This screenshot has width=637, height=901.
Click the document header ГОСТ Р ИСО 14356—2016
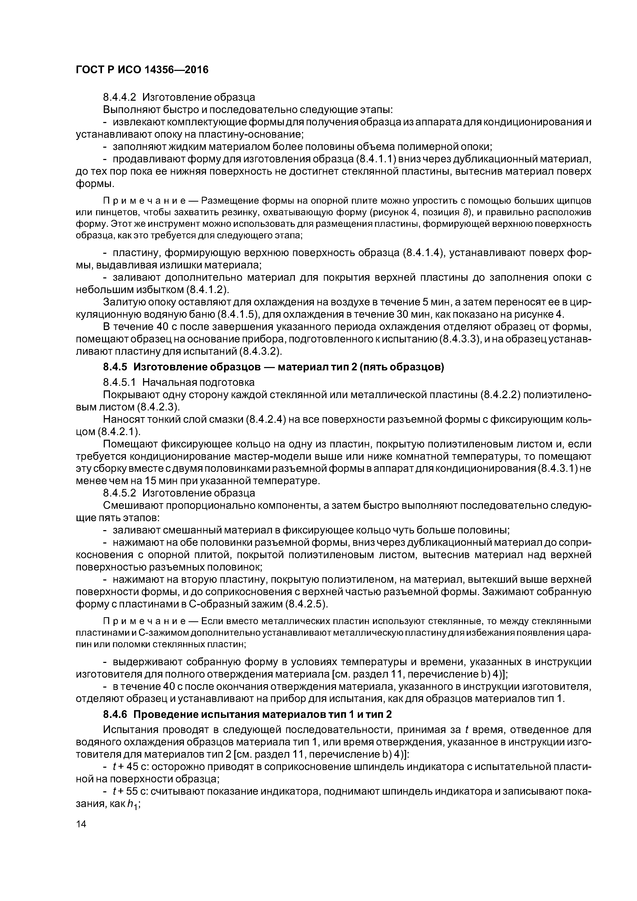pyautogui.click(x=142, y=70)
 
